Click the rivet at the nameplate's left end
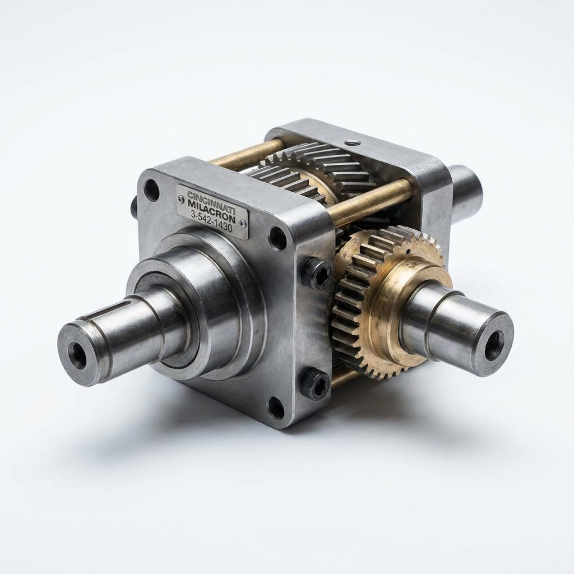coord(180,199)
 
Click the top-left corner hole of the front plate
coord(151,190)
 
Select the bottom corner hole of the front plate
coord(276,407)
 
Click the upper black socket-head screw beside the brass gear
coord(317,275)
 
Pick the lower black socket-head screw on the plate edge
coord(316,384)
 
